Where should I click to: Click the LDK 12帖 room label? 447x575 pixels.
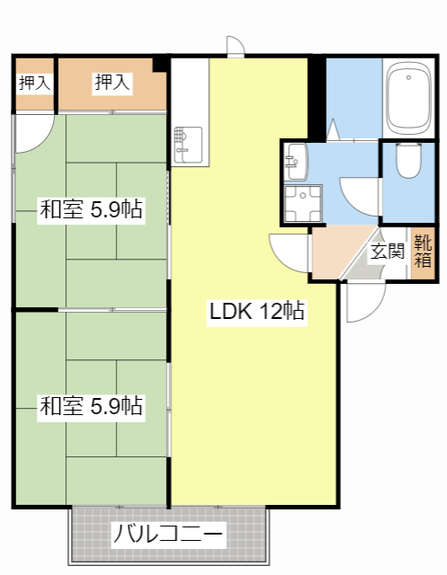pyautogui.click(x=257, y=311)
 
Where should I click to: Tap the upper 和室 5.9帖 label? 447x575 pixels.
pyautogui.click(x=92, y=209)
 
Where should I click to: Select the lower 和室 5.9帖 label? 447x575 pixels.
pyautogui.click(x=92, y=406)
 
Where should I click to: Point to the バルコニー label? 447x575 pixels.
pyautogui.click(x=168, y=534)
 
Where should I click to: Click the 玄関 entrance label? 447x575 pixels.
pyautogui.click(x=387, y=252)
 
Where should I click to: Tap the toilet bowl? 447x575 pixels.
pyautogui.click(x=408, y=160)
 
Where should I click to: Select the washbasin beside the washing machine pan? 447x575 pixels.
pyautogui.click(x=295, y=162)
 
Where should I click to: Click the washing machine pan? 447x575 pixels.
pyautogui.click(x=303, y=204)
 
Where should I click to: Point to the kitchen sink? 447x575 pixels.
pyautogui.click(x=188, y=145)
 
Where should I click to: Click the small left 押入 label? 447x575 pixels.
pyautogui.click(x=34, y=83)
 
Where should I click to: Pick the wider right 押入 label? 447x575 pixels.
pyautogui.click(x=112, y=82)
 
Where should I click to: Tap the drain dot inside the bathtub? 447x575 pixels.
pyautogui.click(x=408, y=77)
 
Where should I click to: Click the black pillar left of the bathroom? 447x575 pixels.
pyautogui.click(x=317, y=98)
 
